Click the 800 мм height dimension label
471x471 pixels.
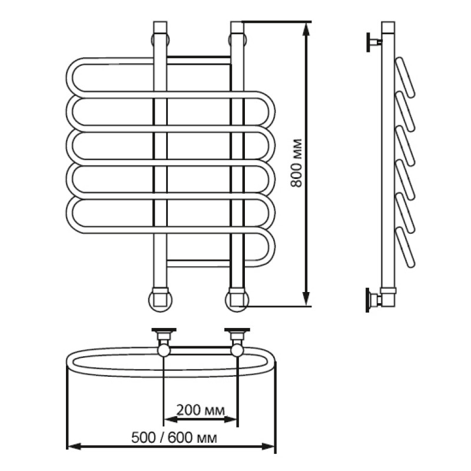point(297,163)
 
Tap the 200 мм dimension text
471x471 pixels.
point(200,410)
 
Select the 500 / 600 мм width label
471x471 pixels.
point(174,437)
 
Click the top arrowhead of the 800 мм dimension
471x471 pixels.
point(306,29)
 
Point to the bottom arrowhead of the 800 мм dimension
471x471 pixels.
point(306,299)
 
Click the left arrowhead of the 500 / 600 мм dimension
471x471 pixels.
point(74,447)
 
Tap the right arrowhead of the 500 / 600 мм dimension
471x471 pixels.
point(268,447)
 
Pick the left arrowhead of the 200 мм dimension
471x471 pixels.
point(171,420)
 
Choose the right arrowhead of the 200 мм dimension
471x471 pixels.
point(231,420)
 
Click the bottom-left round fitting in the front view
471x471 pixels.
point(160,300)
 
